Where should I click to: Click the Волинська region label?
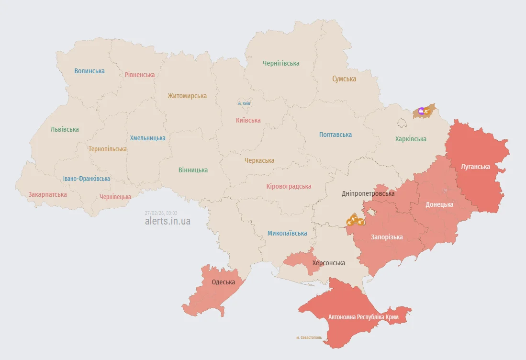pyautogui.click(x=90, y=71)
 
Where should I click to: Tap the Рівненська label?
pyautogui.click(x=140, y=75)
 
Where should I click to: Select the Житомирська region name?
pyautogui.click(x=187, y=96)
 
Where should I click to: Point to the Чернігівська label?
pyautogui.click(x=281, y=63)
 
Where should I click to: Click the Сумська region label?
pyautogui.click(x=344, y=79)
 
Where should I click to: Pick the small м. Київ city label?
pyautogui.click(x=244, y=103)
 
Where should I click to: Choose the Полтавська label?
pyautogui.click(x=336, y=135)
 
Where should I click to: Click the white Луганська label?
pyautogui.click(x=475, y=167)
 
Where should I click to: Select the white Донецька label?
pyautogui.click(x=439, y=204)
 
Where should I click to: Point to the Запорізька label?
pyautogui.click(x=387, y=237)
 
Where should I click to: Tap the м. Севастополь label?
pyautogui.click(x=309, y=337)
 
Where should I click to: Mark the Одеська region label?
pyautogui.click(x=224, y=282)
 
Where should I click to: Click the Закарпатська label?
pyautogui.click(x=47, y=194)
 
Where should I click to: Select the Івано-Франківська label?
pyautogui.click(x=87, y=179)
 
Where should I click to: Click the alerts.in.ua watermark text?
pyautogui.click(x=168, y=221)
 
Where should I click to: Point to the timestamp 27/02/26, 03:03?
pyautogui.click(x=161, y=213)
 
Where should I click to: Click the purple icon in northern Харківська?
pyautogui.click(x=421, y=112)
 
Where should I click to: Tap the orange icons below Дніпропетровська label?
pyautogui.click(x=355, y=220)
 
